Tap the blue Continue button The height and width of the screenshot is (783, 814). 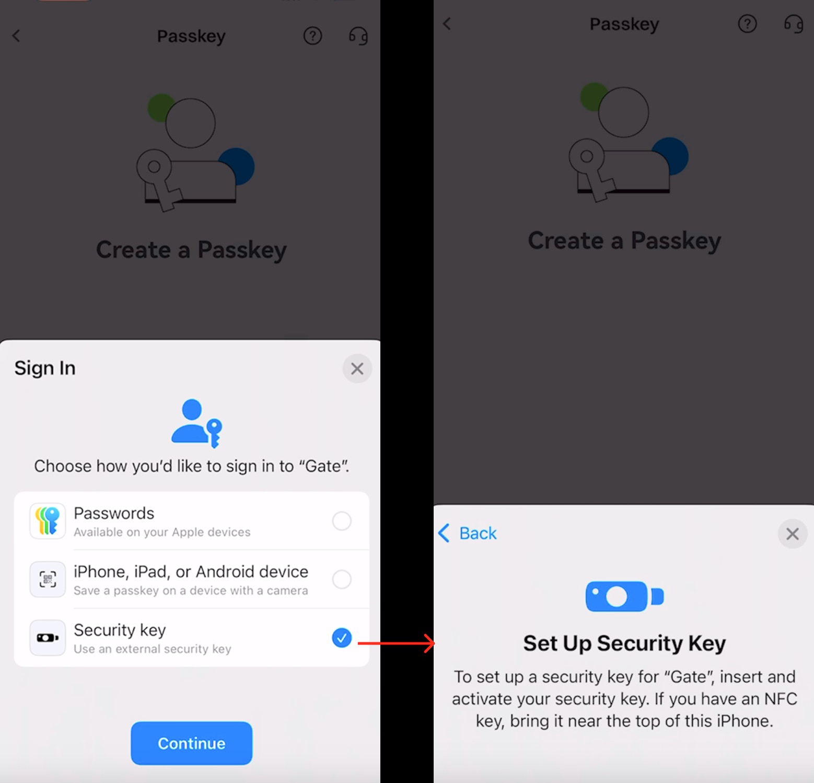click(192, 743)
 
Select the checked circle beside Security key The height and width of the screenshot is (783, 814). click(342, 637)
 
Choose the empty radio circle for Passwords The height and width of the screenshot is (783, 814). click(342, 521)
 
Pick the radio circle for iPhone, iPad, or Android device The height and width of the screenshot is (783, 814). click(342, 579)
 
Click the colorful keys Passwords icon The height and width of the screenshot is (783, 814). click(48, 521)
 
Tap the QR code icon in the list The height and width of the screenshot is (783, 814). click(48, 579)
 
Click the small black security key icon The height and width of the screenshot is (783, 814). click(48, 638)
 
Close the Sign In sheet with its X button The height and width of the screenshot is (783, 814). click(357, 369)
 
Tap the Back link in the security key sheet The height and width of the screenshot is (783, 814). click(468, 533)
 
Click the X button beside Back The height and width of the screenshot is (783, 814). click(793, 534)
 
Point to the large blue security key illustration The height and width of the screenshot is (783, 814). click(624, 596)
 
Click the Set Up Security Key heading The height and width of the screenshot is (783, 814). click(624, 643)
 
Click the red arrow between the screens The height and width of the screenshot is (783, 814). click(396, 643)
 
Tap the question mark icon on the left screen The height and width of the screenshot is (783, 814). click(313, 36)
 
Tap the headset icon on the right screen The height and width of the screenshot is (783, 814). click(794, 24)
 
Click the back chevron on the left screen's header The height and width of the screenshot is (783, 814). click(16, 36)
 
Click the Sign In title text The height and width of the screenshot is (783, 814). click(45, 368)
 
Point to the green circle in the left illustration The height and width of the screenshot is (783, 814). click(159, 106)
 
